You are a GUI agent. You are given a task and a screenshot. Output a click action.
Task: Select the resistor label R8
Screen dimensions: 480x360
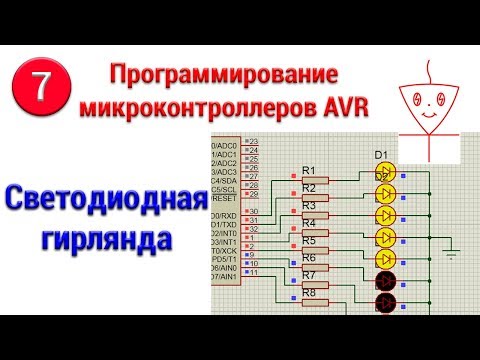click(309, 293)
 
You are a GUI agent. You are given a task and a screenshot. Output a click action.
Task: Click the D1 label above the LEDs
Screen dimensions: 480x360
click(380, 155)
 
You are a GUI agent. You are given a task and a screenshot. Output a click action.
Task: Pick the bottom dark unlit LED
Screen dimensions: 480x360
click(385, 303)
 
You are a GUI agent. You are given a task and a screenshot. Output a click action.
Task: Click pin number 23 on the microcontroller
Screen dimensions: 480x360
click(253, 142)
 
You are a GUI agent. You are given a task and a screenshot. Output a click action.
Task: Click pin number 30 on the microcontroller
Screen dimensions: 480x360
click(253, 212)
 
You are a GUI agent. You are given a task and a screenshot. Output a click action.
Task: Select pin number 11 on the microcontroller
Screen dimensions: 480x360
click(253, 272)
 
